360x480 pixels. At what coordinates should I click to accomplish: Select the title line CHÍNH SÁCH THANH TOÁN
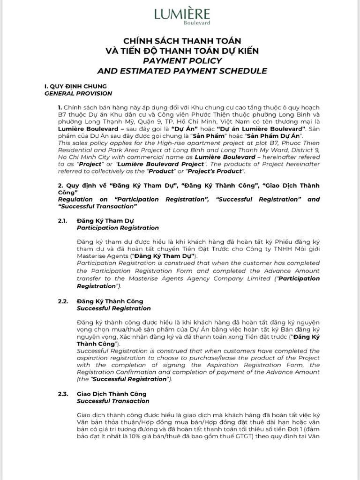tap(182, 42)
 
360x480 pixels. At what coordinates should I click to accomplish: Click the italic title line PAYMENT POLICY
tap(182, 61)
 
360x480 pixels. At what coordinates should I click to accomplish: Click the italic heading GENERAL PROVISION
tap(73, 93)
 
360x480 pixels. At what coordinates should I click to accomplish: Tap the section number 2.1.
tap(63, 220)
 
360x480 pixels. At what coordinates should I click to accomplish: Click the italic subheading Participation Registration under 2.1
tap(118, 228)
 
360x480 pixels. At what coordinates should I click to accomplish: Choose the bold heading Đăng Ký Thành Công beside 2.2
tap(110, 301)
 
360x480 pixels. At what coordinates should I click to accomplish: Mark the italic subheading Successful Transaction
tap(113, 401)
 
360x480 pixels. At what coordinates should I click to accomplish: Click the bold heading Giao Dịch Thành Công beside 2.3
tap(112, 394)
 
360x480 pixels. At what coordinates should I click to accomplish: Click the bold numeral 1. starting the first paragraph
tap(60, 107)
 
